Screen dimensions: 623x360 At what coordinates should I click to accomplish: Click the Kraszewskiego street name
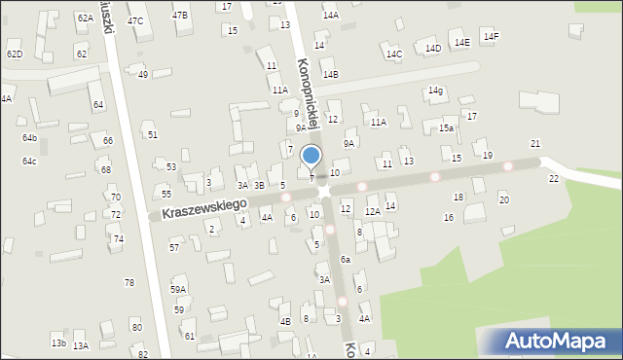tap(199, 208)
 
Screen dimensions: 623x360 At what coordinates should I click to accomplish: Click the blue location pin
tap(311, 156)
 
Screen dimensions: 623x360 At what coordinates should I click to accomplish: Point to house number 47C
tap(135, 20)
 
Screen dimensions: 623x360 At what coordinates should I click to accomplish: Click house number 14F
tap(491, 37)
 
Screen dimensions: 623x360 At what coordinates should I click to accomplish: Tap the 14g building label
tap(435, 90)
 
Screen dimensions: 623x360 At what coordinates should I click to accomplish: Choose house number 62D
tap(14, 54)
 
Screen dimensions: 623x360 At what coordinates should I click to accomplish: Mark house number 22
tap(554, 179)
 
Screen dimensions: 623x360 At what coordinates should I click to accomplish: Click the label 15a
tap(446, 127)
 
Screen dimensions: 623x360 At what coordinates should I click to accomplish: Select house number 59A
tap(178, 289)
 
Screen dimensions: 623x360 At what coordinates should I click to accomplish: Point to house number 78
tap(128, 282)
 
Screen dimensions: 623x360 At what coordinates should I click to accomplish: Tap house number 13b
tap(58, 342)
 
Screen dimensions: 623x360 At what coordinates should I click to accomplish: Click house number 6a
tap(346, 260)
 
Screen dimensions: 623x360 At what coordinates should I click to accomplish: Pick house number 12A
tap(372, 211)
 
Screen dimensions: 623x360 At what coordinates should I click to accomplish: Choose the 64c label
tap(30, 161)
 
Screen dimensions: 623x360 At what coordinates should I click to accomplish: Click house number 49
tap(143, 74)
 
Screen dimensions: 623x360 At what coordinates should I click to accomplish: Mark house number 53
tap(171, 167)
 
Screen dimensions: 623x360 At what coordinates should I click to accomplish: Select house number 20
tap(503, 199)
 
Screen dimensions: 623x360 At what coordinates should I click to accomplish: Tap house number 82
tap(143, 354)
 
